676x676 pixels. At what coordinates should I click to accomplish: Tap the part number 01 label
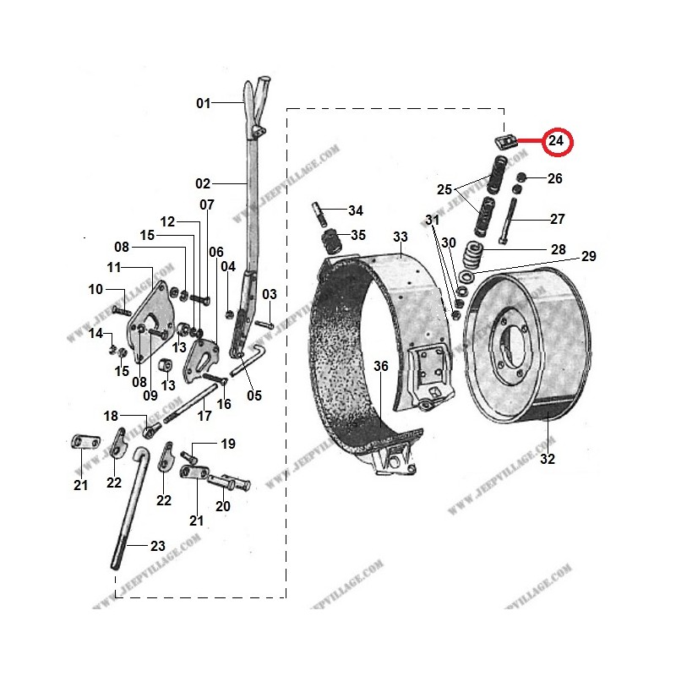point(203,104)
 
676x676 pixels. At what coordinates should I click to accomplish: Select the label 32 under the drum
point(547,460)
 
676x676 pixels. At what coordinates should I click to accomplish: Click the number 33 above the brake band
point(400,236)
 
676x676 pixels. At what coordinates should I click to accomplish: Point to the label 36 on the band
point(381,366)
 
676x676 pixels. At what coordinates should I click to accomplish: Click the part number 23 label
point(158,546)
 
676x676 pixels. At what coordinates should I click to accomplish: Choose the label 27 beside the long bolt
point(557,220)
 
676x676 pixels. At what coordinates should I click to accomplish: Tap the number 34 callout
point(355,210)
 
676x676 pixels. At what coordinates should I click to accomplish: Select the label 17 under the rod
point(204,416)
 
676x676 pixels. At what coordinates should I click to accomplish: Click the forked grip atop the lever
point(257,94)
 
